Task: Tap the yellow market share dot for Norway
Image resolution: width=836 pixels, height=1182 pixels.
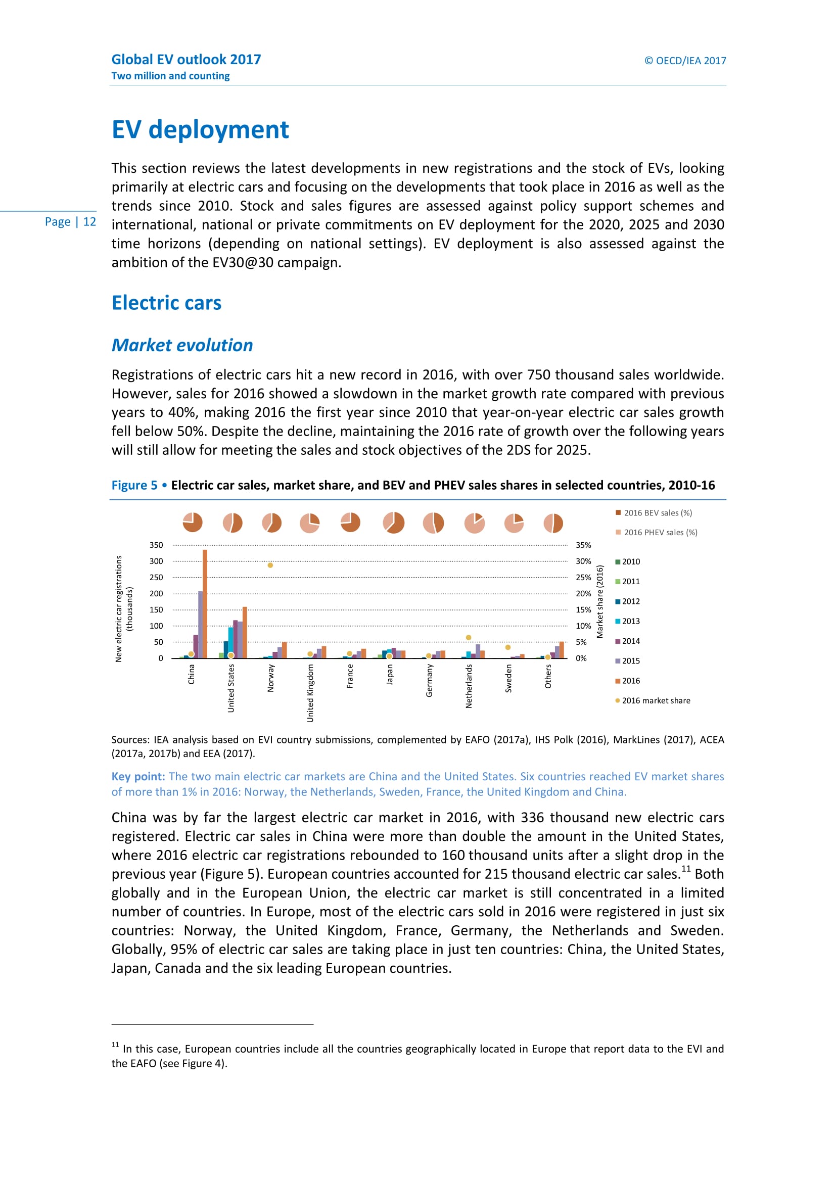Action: click(x=270, y=565)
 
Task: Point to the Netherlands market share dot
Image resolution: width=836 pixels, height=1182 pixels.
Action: click(x=469, y=637)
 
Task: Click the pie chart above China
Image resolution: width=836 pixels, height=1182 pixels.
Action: click(x=193, y=523)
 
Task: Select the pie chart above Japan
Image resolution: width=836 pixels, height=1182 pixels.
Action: click(x=394, y=523)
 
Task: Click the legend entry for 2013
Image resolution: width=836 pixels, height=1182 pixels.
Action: click(x=628, y=622)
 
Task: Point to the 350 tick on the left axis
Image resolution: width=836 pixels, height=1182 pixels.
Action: click(x=156, y=545)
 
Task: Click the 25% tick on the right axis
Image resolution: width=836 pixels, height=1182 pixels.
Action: click(x=583, y=578)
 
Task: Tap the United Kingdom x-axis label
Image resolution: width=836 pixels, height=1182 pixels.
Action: click(x=310, y=693)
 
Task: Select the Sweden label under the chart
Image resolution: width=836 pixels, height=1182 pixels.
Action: click(x=508, y=678)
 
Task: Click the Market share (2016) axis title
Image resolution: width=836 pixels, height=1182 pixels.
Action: click(x=600, y=601)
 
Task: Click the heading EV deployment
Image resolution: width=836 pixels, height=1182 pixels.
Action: click(x=200, y=129)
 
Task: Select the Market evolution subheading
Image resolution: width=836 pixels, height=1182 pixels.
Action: click(x=182, y=345)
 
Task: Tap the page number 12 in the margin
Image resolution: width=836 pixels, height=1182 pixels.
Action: click(x=89, y=222)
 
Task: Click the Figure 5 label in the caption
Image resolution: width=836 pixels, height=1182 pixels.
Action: click(x=134, y=485)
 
